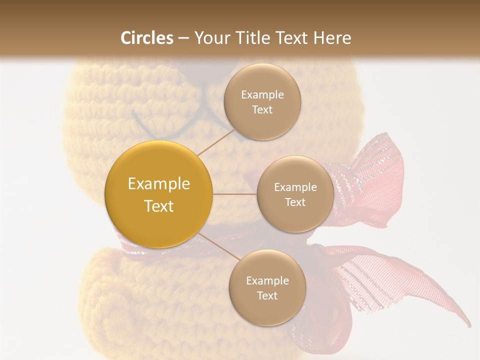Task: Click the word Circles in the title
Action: [147, 38]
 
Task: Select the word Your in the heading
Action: [210, 38]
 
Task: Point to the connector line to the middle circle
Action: [234, 194]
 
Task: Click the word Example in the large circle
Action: [158, 184]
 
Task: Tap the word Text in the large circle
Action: [158, 206]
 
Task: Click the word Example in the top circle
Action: [262, 95]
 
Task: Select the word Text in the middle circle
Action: [295, 202]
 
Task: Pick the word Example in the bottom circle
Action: [267, 281]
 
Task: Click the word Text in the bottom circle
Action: [267, 296]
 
